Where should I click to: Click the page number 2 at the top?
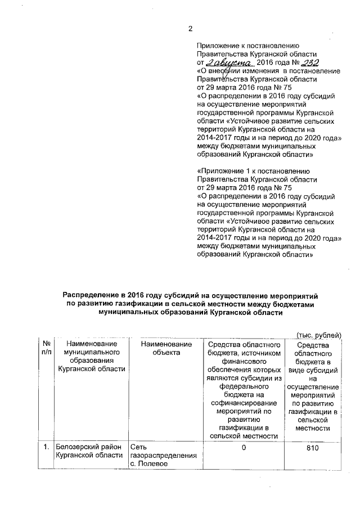(x=190, y=29)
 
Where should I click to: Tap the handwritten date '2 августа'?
(x=231, y=64)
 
